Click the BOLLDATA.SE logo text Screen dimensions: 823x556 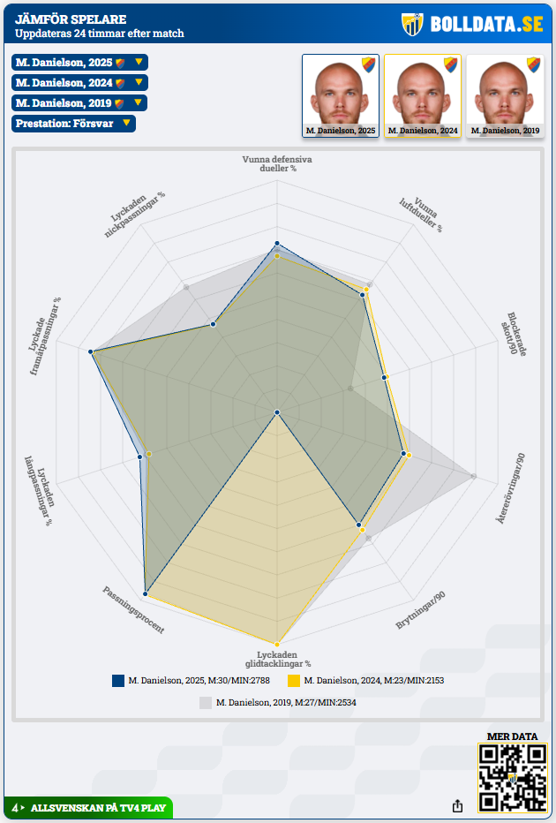click(x=486, y=24)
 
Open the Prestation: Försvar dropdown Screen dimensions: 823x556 click(x=74, y=124)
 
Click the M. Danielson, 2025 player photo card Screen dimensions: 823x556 click(x=341, y=96)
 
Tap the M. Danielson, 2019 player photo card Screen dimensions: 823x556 click(x=505, y=96)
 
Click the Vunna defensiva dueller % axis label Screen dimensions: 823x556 click(x=277, y=163)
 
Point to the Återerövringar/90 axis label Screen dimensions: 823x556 click(x=512, y=489)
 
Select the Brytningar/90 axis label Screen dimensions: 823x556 click(x=420, y=610)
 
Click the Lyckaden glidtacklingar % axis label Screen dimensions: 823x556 click(x=278, y=658)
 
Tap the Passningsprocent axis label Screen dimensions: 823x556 click(x=133, y=610)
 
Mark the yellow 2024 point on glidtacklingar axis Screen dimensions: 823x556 click(x=277, y=644)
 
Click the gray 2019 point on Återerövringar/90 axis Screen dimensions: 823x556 click(x=474, y=477)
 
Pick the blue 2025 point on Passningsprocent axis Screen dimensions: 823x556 click(x=146, y=594)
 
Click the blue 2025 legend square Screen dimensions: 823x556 click(x=118, y=681)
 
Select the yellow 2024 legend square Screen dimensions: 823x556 click(x=294, y=681)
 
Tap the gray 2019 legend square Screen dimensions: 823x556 click(x=206, y=703)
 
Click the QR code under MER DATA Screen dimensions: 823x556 click(x=513, y=778)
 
